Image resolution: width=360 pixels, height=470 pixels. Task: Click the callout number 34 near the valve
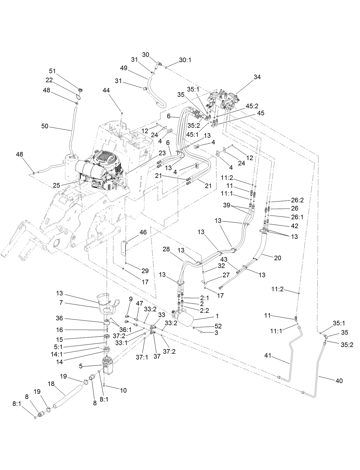click(x=257, y=77)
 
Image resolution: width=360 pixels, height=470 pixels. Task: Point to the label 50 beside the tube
click(x=45, y=126)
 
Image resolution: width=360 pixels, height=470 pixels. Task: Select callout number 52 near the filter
click(x=218, y=326)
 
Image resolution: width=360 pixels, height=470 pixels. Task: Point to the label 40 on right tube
click(x=339, y=381)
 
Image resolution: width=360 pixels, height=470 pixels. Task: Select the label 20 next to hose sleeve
click(x=278, y=258)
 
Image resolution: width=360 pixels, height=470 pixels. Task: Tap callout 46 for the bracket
click(x=143, y=232)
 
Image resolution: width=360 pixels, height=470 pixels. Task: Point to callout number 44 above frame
click(x=106, y=90)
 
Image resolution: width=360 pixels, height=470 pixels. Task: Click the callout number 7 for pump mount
click(x=61, y=302)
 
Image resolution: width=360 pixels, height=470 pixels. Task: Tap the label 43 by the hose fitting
click(x=223, y=259)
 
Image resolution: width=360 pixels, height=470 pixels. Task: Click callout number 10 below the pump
click(x=123, y=390)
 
